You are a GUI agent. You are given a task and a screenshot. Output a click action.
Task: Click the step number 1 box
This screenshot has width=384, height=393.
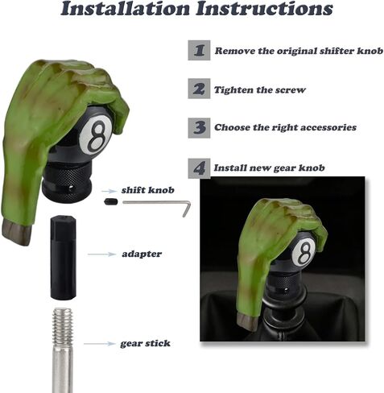pyautogui.click(x=199, y=51)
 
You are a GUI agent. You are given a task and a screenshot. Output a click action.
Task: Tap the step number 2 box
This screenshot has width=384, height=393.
pyautogui.click(x=199, y=89)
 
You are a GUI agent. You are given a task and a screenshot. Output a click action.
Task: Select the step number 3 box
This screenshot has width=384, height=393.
pyautogui.click(x=199, y=127)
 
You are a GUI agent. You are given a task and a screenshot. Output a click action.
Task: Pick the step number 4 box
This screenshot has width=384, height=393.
pyautogui.click(x=199, y=168)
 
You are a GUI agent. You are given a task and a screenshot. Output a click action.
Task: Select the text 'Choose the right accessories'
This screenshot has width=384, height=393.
pyautogui.click(x=285, y=127)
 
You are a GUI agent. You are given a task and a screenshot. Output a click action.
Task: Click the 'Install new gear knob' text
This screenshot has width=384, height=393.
pyautogui.click(x=268, y=168)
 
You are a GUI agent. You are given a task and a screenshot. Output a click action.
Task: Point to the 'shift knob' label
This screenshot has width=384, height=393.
pyautogui.click(x=144, y=191)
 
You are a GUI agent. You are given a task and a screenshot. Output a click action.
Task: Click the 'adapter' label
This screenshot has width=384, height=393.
pyautogui.click(x=142, y=254)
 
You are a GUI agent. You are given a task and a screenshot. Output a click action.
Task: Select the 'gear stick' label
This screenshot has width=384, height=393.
pyautogui.click(x=145, y=343)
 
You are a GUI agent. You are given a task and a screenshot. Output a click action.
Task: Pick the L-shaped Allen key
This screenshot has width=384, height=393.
pyautogui.click(x=157, y=204)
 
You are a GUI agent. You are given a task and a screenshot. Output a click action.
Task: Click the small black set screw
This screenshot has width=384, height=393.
pyautogui.click(x=110, y=202)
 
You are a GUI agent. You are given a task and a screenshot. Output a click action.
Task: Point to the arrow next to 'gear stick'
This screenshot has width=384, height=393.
pyautogui.click(x=101, y=344)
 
